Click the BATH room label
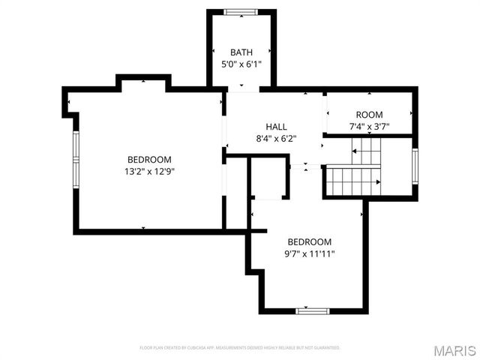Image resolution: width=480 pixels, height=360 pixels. click(241, 52)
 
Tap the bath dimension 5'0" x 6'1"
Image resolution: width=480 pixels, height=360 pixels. click(241, 64)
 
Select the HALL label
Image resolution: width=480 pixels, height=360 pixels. click(277, 126)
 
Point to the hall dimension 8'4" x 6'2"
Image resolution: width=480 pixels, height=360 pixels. click(277, 138)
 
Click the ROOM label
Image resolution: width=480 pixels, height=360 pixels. click(369, 115)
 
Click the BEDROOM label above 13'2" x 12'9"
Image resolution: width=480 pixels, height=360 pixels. click(149, 159)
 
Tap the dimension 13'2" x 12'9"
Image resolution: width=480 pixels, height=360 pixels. click(149, 171)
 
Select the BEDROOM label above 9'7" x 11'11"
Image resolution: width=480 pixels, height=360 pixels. click(310, 241)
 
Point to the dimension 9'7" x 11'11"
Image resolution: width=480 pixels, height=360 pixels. click(310, 253)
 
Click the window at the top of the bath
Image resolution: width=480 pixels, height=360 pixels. click(241, 11)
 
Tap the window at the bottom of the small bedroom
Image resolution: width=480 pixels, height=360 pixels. click(313, 310)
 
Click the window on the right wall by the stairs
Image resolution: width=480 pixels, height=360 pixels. click(415, 166)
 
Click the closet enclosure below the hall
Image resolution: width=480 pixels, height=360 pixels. click(268, 180)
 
